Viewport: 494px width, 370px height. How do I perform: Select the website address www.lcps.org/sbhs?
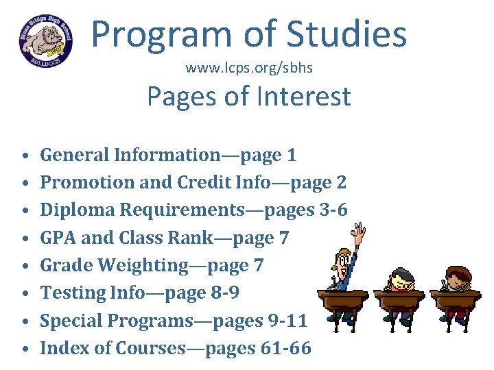249,69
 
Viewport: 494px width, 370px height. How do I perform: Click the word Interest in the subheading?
301,97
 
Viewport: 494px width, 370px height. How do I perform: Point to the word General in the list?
74,156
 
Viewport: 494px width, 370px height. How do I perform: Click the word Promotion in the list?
84,183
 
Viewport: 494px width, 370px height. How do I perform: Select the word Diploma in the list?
73,210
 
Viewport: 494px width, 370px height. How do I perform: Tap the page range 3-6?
333,210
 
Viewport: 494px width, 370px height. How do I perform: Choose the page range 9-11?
288,321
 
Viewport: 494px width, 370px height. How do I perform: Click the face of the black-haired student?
401,281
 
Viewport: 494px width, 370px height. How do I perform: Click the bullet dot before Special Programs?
23,321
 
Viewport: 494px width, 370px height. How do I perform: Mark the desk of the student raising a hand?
343,301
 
